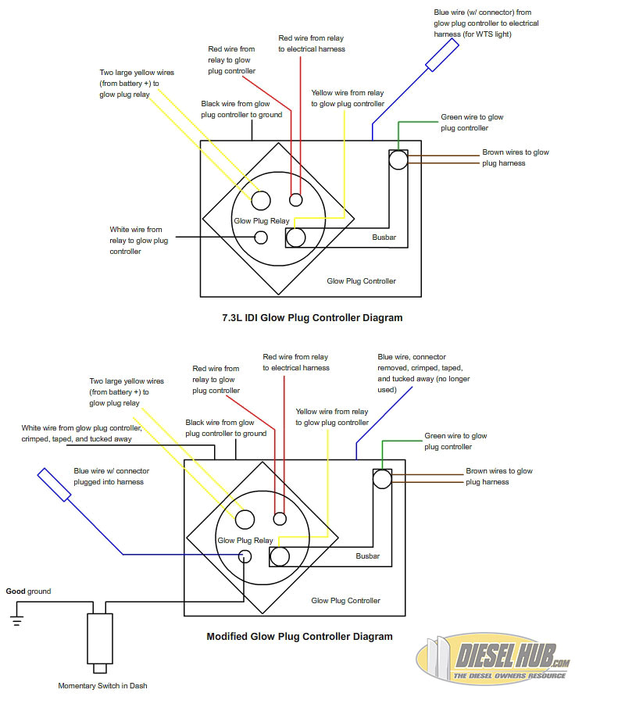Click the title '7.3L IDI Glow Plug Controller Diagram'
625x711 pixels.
pyautogui.click(x=312, y=318)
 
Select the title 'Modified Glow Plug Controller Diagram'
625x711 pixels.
pyautogui.click(x=299, y=636)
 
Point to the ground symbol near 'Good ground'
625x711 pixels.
pyautogui.click(x=14, y=622)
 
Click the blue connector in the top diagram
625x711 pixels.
pyautogui.click(x=441, y=54)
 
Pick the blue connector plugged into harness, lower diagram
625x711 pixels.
pyautogui.click(x=55, y=484)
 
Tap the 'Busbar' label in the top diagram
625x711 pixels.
pyautogui.click(x=384, y=236)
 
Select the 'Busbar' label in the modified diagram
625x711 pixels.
pyautogui.click(x=367, y=556)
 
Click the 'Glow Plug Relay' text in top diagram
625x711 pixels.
pyautogui.click(x=261, y=221)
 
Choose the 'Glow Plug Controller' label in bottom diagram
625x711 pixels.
pyautogui.click(x=345, y=601)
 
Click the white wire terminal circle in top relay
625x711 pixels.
pyautogui.click(x=261, y=237)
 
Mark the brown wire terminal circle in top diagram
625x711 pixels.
pyautogui.click(x=398, y=160)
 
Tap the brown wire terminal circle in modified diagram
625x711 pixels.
pyautogui.click(x=382, y=479)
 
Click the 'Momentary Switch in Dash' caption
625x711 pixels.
pyautogui.click(x=102, y=686)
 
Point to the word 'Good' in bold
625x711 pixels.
pyautogui.click(x=16, y=591)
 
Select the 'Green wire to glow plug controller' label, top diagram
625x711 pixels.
pyautogui.click(x=472, y=123)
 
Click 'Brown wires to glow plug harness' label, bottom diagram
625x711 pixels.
pyautogui.click(x=498, y=477)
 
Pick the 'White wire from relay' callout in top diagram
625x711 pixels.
pyautogui.click(x=138, y=240)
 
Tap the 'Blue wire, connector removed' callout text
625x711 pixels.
pyautogui.click(x=423, y=373)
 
